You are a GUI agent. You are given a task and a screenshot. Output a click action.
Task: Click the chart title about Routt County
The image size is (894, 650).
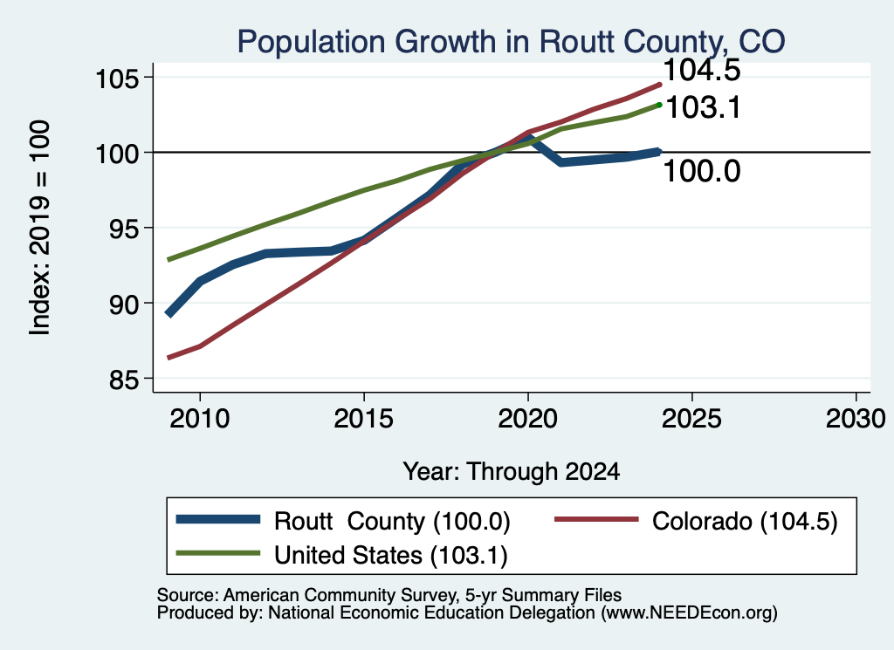coord(511,42)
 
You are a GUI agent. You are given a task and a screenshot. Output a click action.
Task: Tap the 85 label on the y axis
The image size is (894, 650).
coord(124,379)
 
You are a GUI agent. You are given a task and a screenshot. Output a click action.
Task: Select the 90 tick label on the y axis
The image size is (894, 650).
coord(124,304)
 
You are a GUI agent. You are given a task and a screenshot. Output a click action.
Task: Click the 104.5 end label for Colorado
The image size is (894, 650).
coord(702,70)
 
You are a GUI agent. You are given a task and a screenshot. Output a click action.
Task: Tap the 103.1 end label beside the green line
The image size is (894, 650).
coord(703,107)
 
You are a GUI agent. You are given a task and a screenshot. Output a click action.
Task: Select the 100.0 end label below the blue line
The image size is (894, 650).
coord(702,171)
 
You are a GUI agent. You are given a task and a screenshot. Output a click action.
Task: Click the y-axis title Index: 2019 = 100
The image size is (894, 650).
coord(40,228)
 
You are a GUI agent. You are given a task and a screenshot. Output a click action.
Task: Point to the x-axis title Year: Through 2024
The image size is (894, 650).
coord(512,472)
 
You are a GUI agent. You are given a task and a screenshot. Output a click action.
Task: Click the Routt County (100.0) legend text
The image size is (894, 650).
coord(392,521)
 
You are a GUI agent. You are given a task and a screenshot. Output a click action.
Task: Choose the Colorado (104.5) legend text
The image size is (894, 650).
coord(745,521)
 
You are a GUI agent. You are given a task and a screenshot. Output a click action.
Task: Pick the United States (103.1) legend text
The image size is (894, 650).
coord(390,556)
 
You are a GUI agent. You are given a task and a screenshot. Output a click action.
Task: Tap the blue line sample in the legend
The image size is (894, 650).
coord(218,519)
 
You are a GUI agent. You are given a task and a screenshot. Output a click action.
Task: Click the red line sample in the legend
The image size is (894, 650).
coord(596,519)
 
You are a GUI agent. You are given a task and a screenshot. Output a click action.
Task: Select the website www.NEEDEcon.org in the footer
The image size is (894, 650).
coord(686,613)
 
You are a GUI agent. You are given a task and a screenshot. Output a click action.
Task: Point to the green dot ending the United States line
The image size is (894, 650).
coord(659,105)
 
